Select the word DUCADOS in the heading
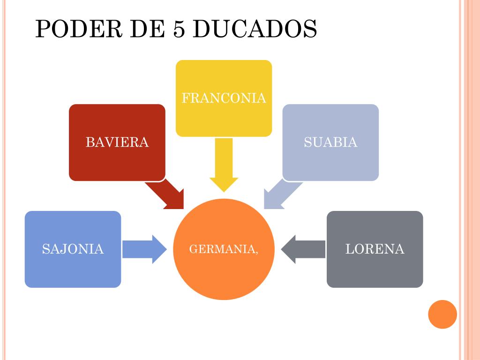point(255,29)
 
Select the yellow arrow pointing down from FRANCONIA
point(224,164)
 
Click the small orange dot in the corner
point(442,314)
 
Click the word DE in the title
point(142,29)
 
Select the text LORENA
point(375,249)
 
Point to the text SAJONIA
point(73,249)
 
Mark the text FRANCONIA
point(224,98)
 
